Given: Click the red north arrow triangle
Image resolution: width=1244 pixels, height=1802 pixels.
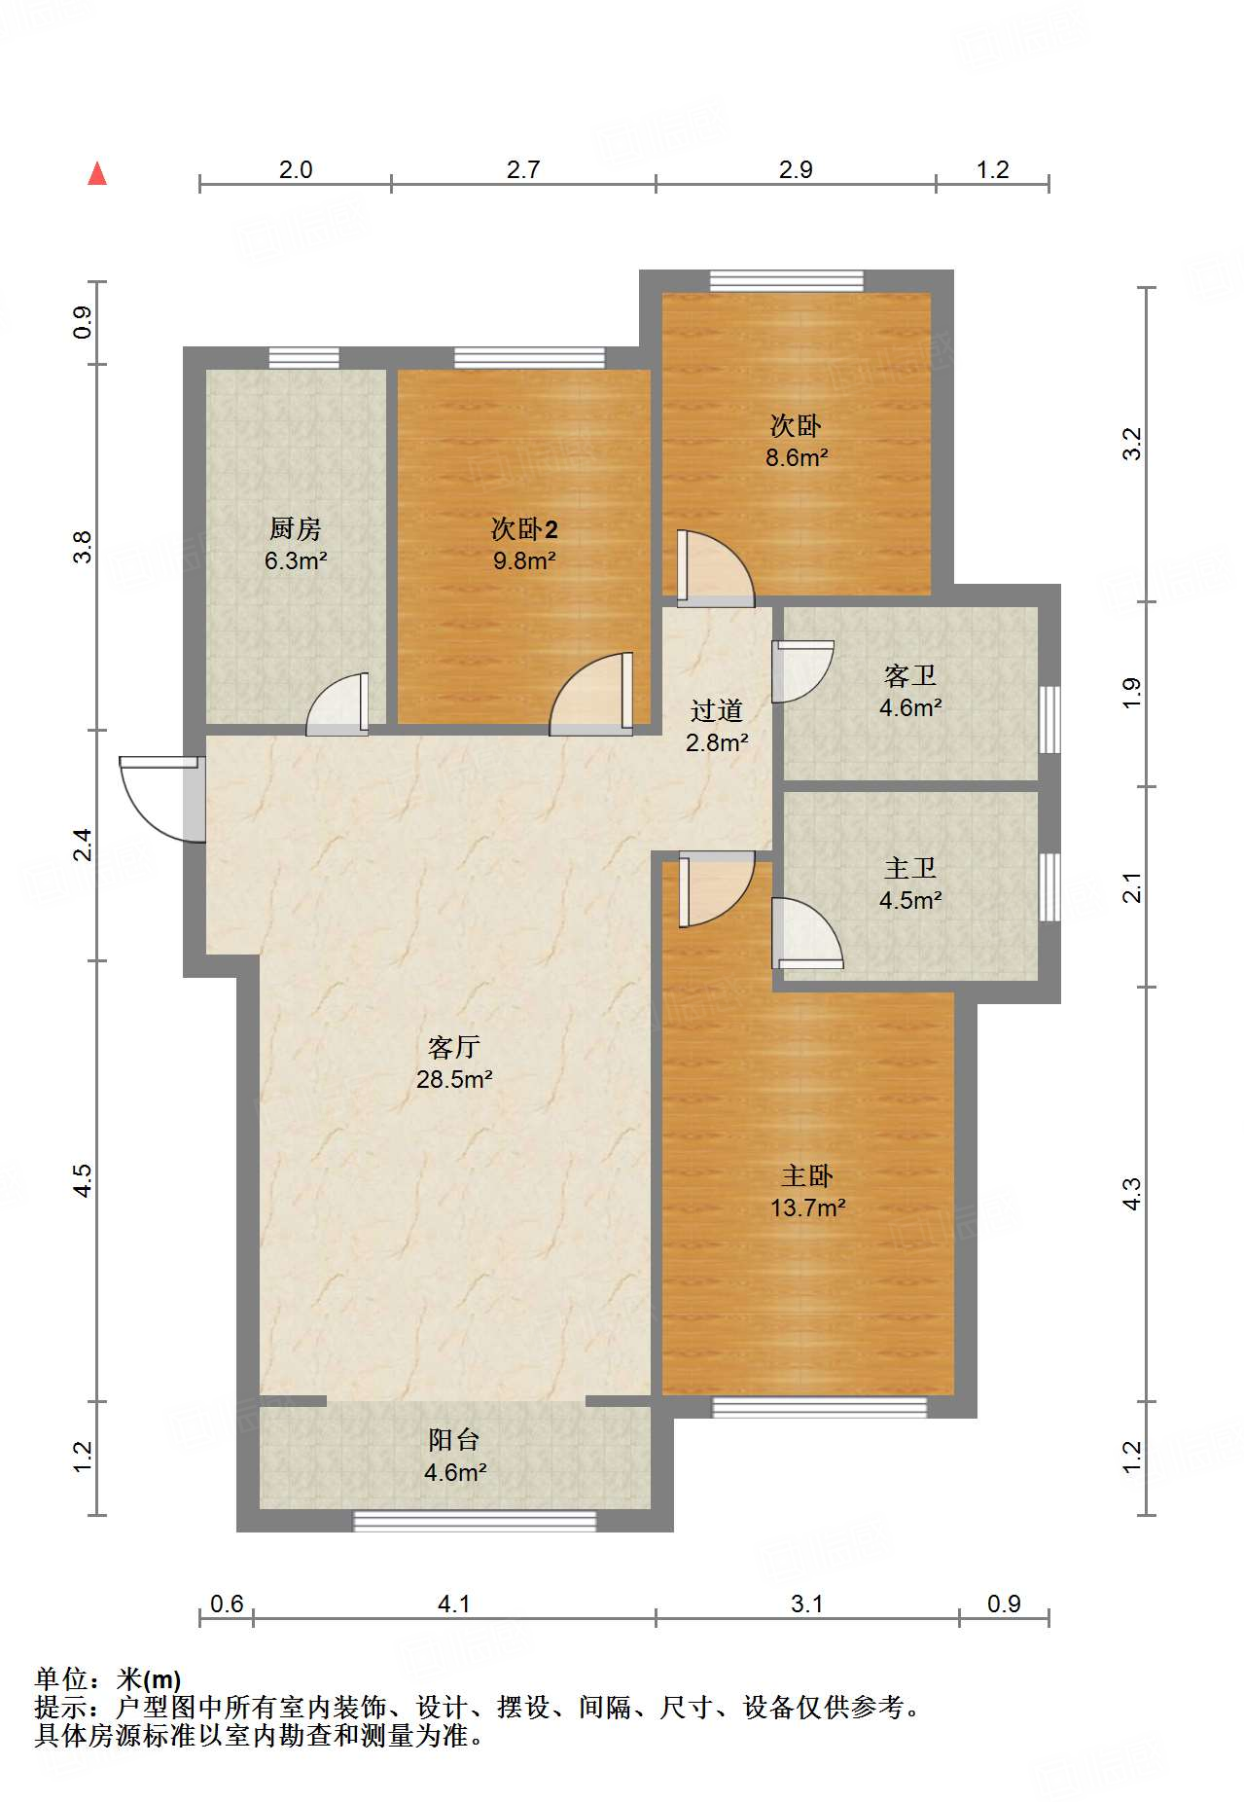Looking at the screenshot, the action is point(97,173).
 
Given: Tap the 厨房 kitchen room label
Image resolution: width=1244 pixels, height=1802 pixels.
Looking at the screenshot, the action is point(296,528).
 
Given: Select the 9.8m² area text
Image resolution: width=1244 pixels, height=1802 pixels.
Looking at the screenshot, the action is point(524,560).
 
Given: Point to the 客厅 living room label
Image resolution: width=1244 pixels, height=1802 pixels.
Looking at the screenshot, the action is point(454,1047).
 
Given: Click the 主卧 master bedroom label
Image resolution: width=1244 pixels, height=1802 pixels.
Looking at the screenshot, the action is point(807,1175).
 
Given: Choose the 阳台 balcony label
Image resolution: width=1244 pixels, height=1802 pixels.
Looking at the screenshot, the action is point(454,1440).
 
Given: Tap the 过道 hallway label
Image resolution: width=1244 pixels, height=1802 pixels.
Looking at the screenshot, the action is point(717,710).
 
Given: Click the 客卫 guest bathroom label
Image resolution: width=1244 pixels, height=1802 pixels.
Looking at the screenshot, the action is point(910,675).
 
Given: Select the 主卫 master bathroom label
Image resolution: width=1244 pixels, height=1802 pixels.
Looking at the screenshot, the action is point(910,868).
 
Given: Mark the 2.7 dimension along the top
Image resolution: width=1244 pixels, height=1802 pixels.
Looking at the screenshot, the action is point(523,169).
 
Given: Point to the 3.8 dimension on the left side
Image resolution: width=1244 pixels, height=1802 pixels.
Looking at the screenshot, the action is point(83,547).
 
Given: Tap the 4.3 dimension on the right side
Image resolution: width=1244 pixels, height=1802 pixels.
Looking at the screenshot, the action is point(1131,1193).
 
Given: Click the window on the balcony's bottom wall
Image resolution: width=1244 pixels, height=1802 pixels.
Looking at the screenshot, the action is point(475,1521).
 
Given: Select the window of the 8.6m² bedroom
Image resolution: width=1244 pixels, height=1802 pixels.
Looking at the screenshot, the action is point(786,281).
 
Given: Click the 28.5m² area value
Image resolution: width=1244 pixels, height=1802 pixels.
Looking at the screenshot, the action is point(454,1079).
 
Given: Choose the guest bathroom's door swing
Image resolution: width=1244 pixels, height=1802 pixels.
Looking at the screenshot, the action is point(802,671).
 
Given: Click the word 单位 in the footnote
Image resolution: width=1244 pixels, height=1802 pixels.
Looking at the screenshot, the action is point(61,1679).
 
